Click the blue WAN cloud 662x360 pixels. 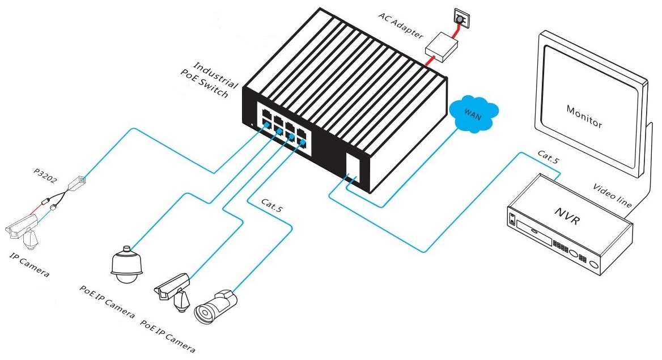tap(473, 115)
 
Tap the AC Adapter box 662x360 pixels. tap(443, 46)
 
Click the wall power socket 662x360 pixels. tap(460, 19)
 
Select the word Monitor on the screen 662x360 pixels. tap(584, 116)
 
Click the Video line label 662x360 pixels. tap(613, 195)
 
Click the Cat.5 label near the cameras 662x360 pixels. tap(271, 205)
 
